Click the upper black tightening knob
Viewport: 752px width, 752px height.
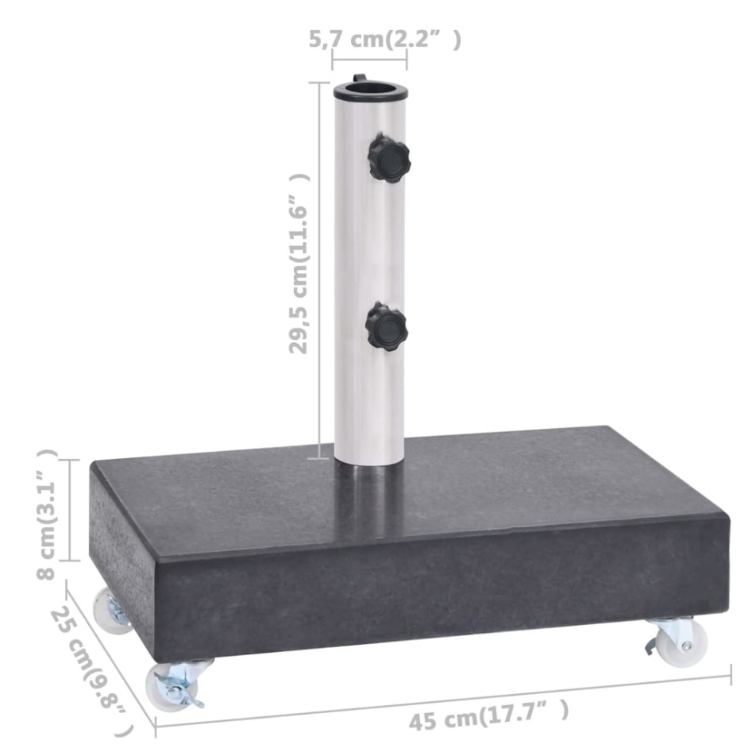pyautogui.click(x=390, y=158)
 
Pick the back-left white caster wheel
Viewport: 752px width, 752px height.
pyautogui.click(x=110, y=611)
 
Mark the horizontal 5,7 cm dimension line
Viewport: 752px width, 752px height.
pyautogui.click(x=369, y=60)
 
